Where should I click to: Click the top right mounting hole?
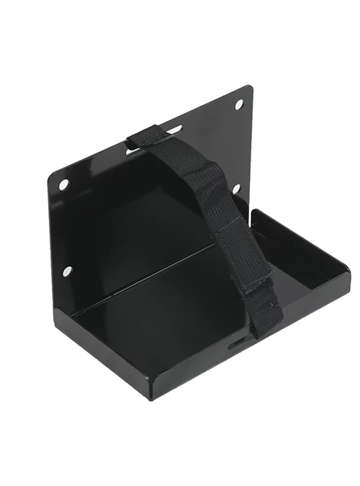[239, 104]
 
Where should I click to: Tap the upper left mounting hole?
[64, 184]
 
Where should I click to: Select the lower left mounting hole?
[67, 271]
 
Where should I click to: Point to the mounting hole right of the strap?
[236, 189]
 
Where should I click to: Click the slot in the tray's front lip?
[238, 345]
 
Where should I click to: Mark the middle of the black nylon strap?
[216, 216]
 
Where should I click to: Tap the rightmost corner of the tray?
[349, 270]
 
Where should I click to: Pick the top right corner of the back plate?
[249, 88]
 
